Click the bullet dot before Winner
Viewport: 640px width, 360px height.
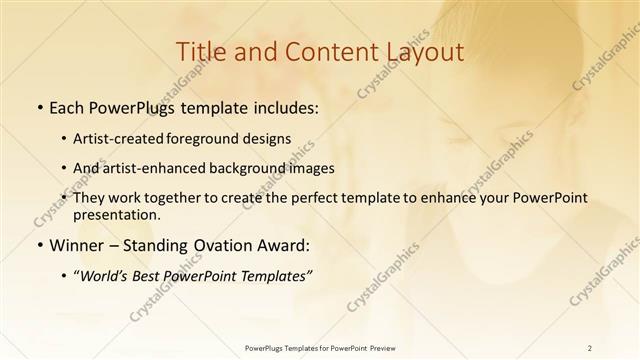point(39,245)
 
